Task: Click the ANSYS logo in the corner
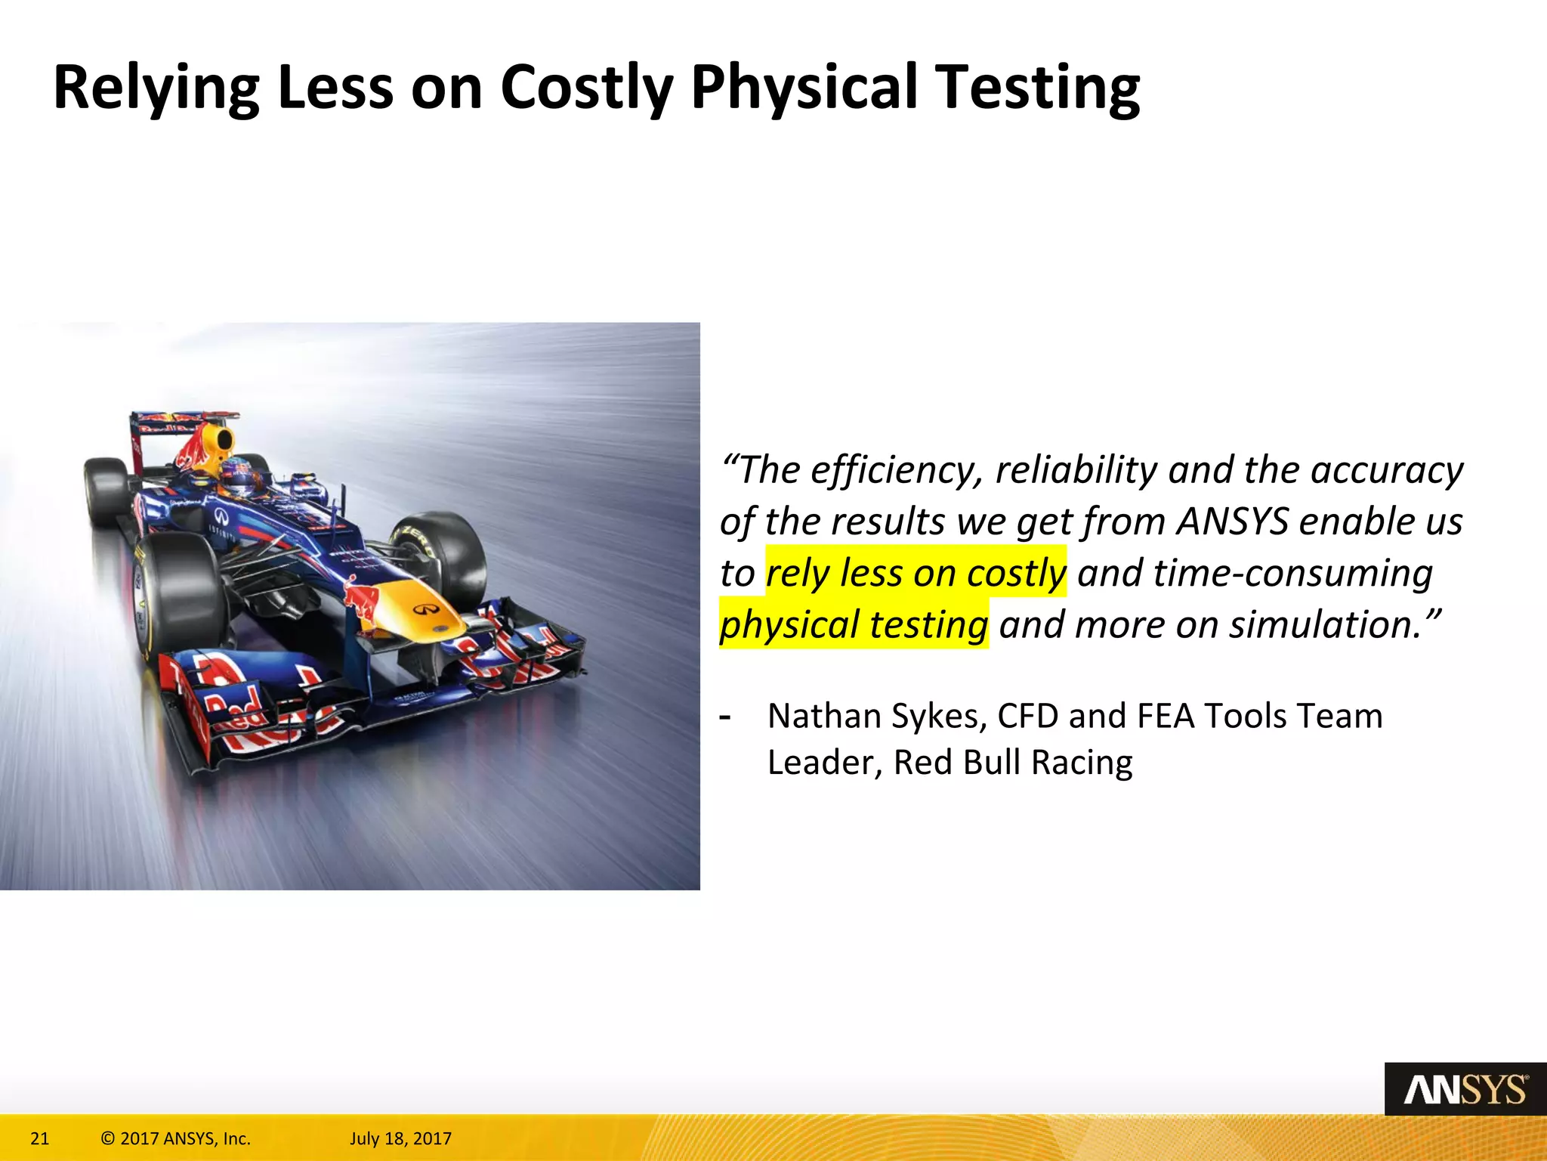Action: coord(1465,1090)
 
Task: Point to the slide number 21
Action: coord(39,1138)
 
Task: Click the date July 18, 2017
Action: coord(400,1138)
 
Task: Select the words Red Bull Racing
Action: coord(1013,763)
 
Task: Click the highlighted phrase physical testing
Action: coord(854,625)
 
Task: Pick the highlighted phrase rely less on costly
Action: coord(916,573)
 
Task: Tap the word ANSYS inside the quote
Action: coord(1232,522)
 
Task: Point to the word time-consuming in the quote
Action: coord(1293,573)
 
